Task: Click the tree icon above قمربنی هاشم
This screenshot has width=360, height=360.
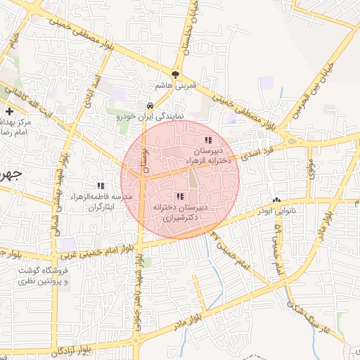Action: pos(175,75)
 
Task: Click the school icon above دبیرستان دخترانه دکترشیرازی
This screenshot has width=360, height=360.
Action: pos(180,196)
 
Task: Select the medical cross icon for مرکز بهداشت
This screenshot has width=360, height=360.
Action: pos(9,111)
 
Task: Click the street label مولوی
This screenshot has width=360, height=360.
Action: pos(310,167)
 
